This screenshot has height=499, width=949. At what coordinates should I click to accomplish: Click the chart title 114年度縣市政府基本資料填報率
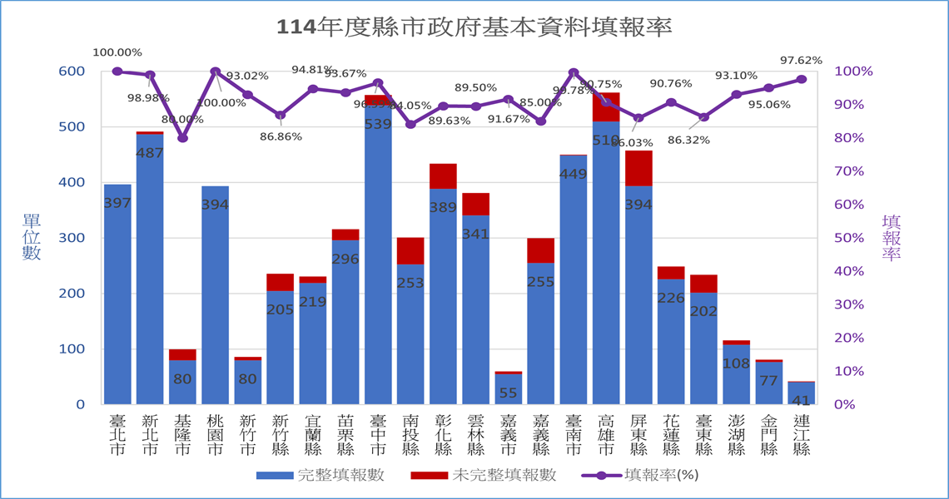pos(474,27)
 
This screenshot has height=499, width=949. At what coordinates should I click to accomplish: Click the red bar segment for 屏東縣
pos(638,168)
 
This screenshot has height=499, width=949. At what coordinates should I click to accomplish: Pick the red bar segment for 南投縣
pos(410,250)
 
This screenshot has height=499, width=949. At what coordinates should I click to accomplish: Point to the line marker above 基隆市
pos(182,138)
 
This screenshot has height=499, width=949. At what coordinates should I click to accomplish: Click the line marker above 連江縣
pos(802,79)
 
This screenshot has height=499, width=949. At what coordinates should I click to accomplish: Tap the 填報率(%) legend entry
pos(638,476)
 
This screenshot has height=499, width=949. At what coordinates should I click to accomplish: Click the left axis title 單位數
pos(32,237)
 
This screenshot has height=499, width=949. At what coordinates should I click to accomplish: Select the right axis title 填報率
pos(892,237)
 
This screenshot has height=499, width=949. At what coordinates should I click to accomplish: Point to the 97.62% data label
pos(801,60)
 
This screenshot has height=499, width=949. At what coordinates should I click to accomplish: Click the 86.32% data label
pos(688,140)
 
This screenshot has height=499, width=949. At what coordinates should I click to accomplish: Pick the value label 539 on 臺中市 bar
pos(379,124)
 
